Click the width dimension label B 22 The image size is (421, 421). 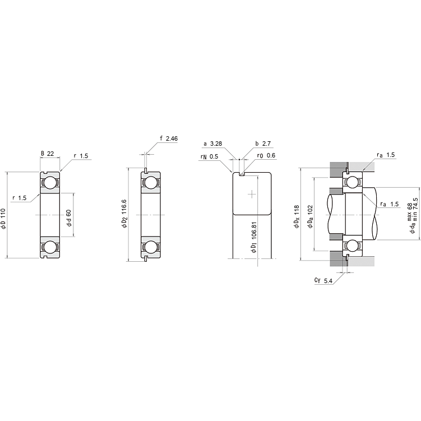(x=47, y=154)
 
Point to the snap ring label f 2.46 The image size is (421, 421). (x=169, y=138)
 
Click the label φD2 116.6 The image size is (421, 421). (x=124, y=214)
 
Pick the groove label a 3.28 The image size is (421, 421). (x=212, y=144)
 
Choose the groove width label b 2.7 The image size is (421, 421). (x=263, y=144)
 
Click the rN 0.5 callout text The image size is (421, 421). (x=209, y=156)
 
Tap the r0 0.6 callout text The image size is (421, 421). (x=266, y=155)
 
